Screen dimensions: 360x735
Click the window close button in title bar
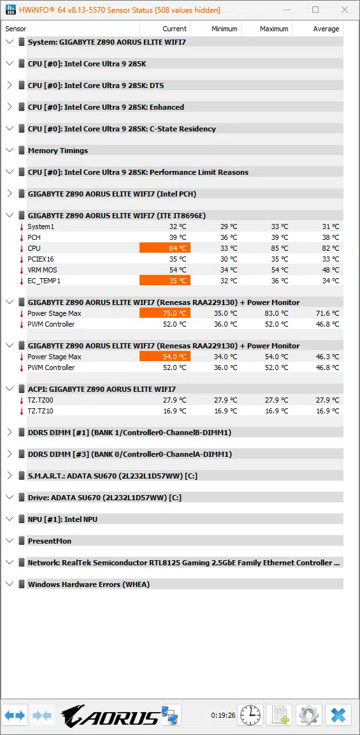pyautogui.click(x=345, y=10)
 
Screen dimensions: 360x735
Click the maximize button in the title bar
pyautogui.click(x=315, y=10)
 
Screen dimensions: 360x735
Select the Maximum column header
pyautogui.click(x=274, y=29)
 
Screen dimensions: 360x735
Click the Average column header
pyautogui.click(x=326, y=29)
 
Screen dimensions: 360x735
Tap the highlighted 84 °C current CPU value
pyautogui.click(x=165, y=248)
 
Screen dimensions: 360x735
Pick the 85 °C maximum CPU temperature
pyautogui.click(x=280, y=248)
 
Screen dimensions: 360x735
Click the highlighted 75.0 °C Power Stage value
pyautogui.click(x=165, y=313)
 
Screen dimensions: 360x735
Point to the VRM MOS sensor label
pyautogui.click(x=42, y=270)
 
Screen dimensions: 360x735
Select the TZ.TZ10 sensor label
pyautogui.click(x=41, y=411)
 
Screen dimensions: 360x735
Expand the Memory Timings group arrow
pyautogui.click(x=9, y=151)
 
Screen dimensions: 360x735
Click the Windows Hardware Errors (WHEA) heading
pyautogui.click(x=89, y=584)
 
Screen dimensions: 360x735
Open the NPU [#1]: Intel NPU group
pyautogui.click(x=62, y=519)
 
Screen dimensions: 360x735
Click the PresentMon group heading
pyautogui.click(x=50, y=541)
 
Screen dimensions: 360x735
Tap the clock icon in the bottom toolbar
pyautogui.click(x=251, y=715)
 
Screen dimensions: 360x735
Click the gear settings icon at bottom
pyautogui.click(x=308, y=715)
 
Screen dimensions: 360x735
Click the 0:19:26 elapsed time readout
pyautogui.click(x=223, y=716)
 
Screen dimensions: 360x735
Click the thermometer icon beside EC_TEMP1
pyautogui.click(x=21, y=281)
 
